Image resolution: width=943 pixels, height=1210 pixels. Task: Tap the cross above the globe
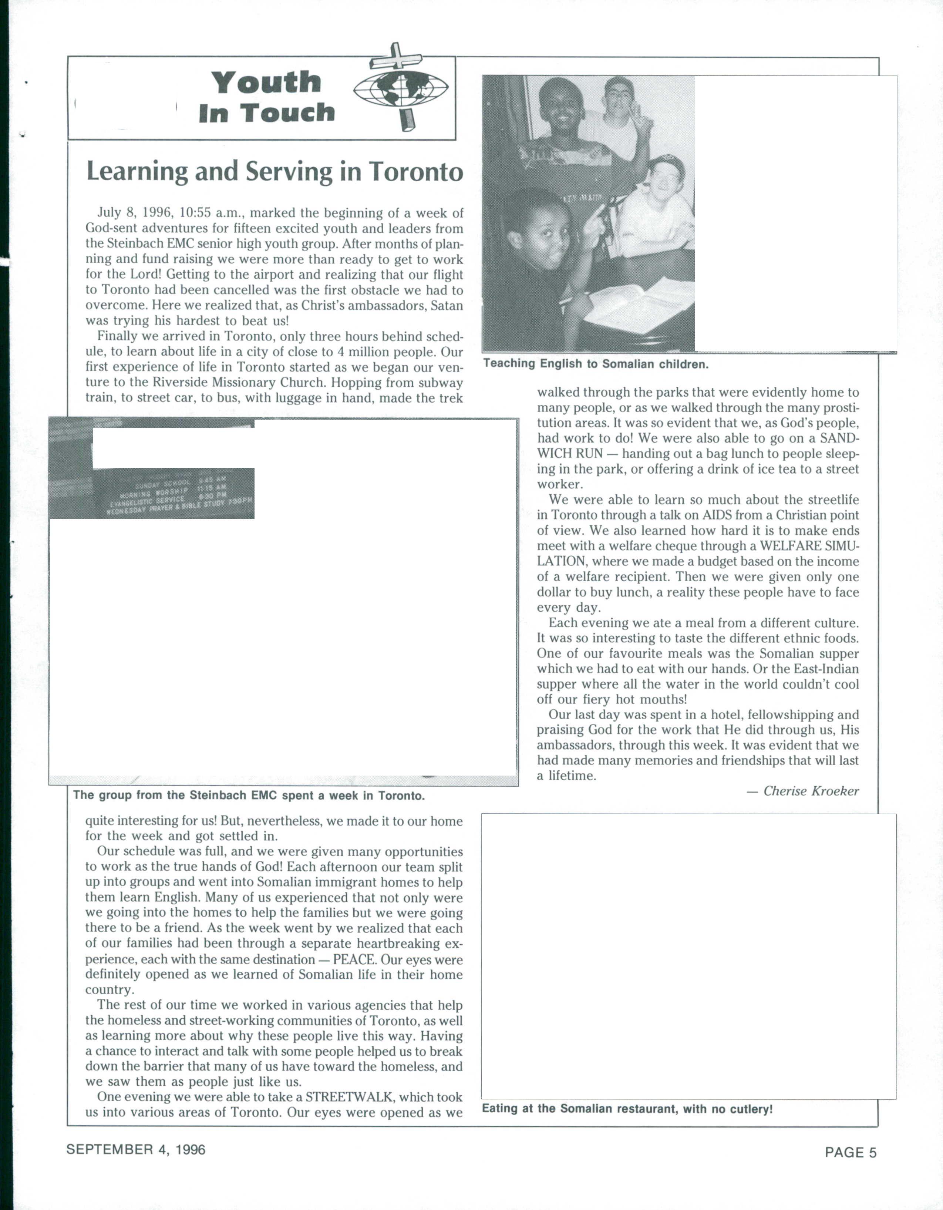point(395,58)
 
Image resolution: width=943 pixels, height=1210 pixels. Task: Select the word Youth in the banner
point(266,83)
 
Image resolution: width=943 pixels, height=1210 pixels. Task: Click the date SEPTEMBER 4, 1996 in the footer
point(136,1150)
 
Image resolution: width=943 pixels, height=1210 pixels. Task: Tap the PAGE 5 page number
point(851,1152)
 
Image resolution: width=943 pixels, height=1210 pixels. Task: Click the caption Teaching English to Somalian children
point(596,364)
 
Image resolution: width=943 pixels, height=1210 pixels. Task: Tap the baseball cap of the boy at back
point(619,84)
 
